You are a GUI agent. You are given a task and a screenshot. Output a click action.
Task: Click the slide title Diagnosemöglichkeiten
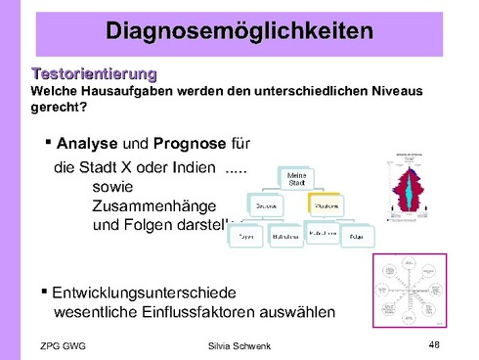(x=239, y=31)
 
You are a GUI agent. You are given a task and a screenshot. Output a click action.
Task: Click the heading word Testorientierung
(x=94, y=73)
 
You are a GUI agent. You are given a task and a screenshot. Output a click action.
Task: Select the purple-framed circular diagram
(x=411, y=291)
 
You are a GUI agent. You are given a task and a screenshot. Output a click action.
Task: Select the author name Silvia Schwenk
(x=239, y=346)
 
